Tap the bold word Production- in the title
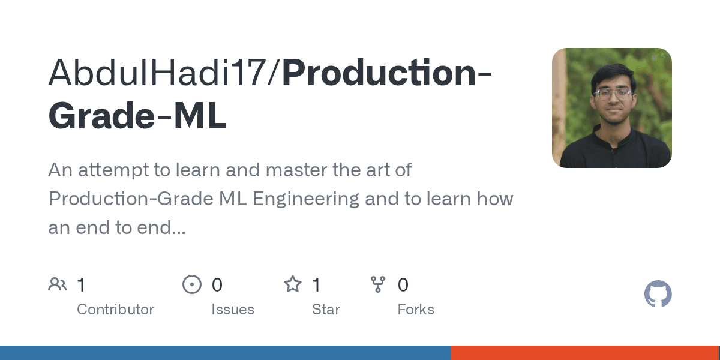[x=388, y=73]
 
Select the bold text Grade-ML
[x=137, y=117]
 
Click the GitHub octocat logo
[x=658, y=295]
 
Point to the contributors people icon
[x=58, y=284]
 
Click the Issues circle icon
[x=191, y=284]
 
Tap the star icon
[x=293, y=284]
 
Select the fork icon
[x=378, y=284]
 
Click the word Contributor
[x=115, y=310]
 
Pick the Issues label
[x=232, y=310]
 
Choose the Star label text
[x=326, y=310]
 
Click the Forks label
[x=416, y=310]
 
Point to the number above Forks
[x=403, y=285]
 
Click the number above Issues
[x=217, y=285]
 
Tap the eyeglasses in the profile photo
[x=613, y=94]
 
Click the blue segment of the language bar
[x=225, y=353]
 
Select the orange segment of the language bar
[x=585, y=353]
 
